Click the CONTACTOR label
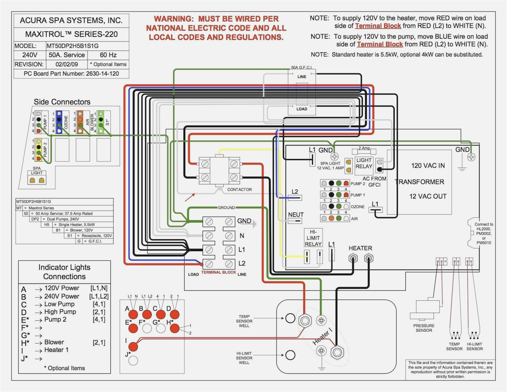[239, 189]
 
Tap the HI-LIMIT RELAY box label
[313, 238]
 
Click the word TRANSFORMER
[419, 182]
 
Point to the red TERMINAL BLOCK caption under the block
[218, 272]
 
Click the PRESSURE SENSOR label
[424, 328]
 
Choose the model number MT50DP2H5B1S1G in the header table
[73, 46]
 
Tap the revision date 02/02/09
[67, 64]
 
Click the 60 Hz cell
[108, 55]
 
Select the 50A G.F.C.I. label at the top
[302, 68]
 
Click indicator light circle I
[133, 347]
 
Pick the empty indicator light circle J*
[133, 361]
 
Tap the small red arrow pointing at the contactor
[190, 197]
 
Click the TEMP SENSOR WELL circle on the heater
[290, 318]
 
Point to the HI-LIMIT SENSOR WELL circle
[290, 355]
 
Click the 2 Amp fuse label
[364, 148]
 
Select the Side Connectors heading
[62, 102]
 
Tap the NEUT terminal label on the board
[296, 215]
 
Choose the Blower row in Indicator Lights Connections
[54, 342]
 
